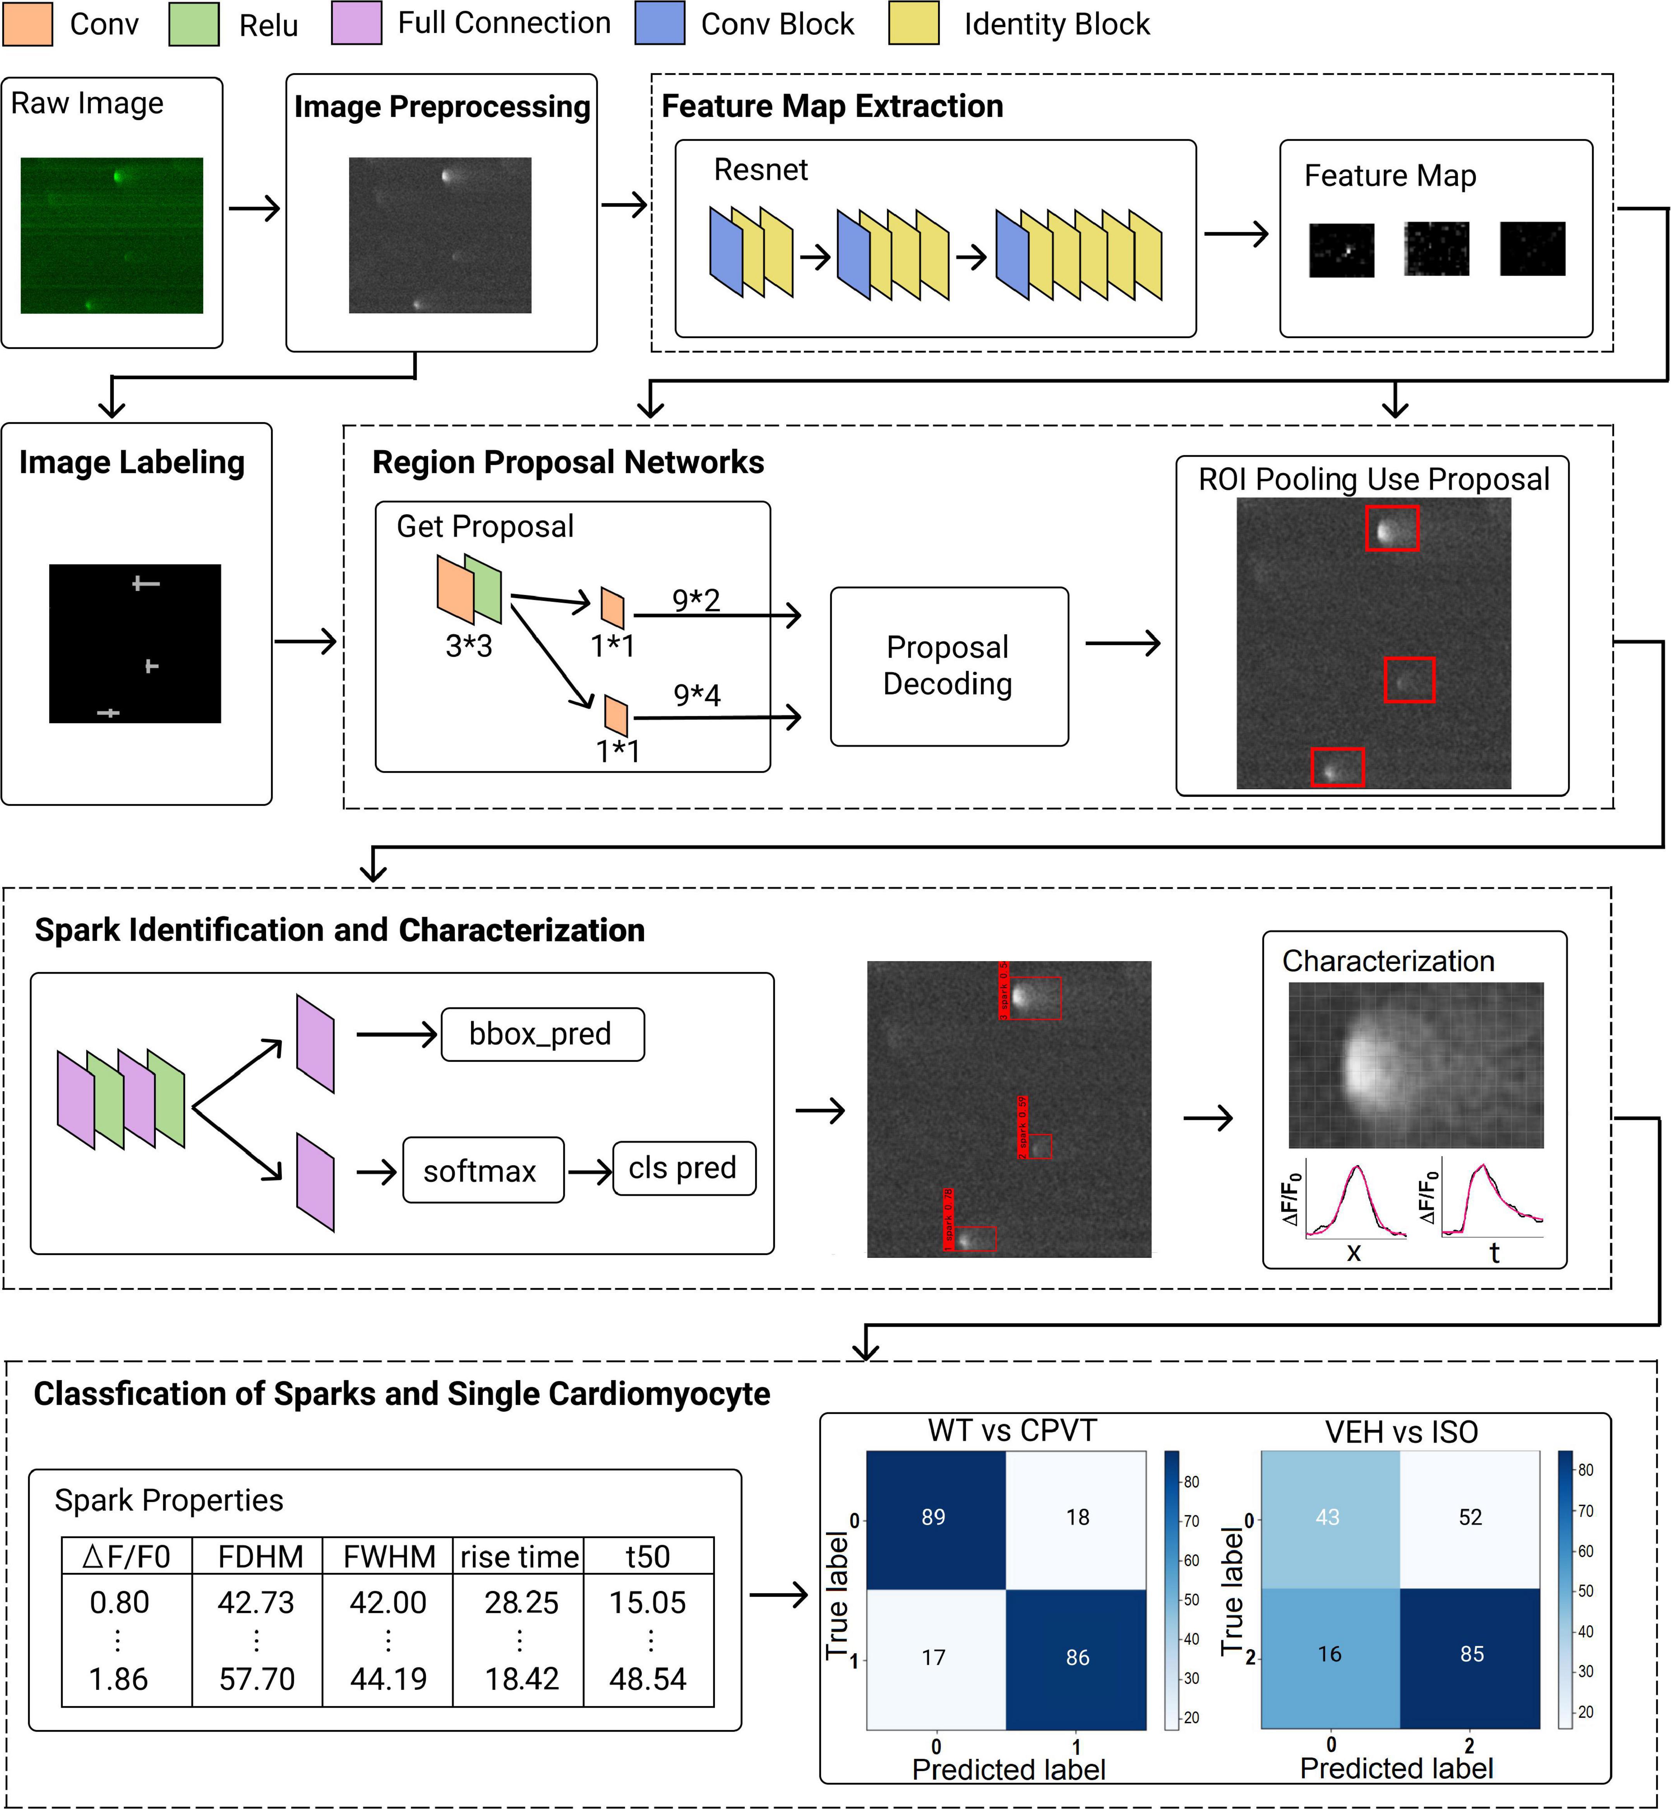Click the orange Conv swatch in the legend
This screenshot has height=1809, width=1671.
(x=27, y=24)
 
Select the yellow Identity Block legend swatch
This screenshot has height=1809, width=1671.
(x=913, y=24)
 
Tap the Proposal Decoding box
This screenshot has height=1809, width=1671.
(x=949, y=666)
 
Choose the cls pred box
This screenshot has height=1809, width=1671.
(x=684, y=1168)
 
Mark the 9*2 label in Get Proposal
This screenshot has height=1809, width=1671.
(x=696, y=599)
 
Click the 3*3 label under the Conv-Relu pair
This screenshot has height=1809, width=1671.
(x=468, y=645)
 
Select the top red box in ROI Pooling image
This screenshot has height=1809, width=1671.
(x=1392, y=528)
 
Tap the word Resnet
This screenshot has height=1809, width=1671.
(x=761, y=170)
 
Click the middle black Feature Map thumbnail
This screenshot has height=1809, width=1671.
(x=1436, y=248)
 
